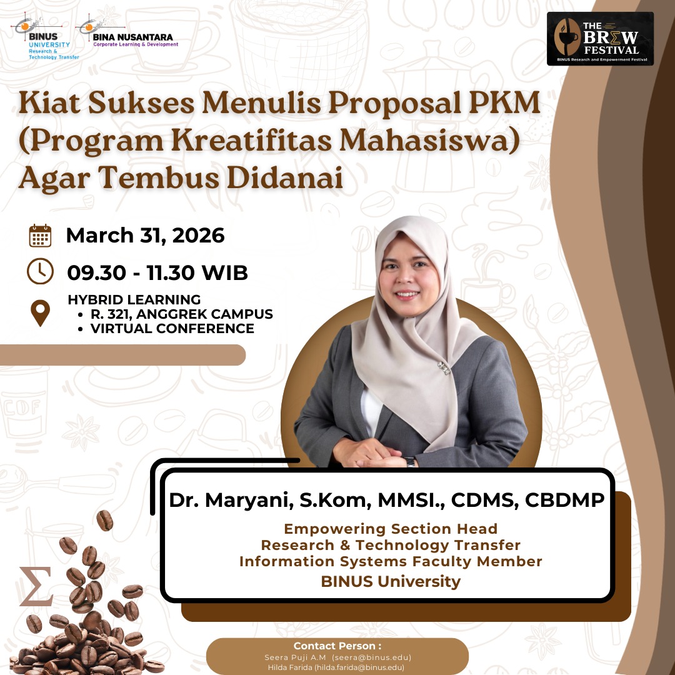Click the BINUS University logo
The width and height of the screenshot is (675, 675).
[x=45, y=37]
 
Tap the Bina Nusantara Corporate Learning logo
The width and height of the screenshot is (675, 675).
[x=127, y=32]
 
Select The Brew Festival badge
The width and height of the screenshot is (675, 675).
[x=600, y=39]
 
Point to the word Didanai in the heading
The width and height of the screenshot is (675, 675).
[x=284, y=177]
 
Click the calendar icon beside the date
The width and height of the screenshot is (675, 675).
[x=40, y=236]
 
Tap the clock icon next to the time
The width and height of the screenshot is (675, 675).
[x=40, y=271]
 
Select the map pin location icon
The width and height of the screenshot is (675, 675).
[x=40, y=313]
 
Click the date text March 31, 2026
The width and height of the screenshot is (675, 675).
[x=145, y=236]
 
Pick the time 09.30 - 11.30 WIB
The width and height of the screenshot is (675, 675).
[x=157, y=273]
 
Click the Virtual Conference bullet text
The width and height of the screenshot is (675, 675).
[x=172, y=329]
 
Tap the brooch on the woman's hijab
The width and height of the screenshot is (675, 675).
[x=443, y=367]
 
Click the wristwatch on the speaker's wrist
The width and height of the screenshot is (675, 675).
[x=410, y=462]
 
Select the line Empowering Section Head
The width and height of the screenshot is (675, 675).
[x=391, y=529]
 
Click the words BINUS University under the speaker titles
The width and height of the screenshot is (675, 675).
[x=391, y=582]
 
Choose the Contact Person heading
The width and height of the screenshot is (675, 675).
[x=337, y=646]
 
